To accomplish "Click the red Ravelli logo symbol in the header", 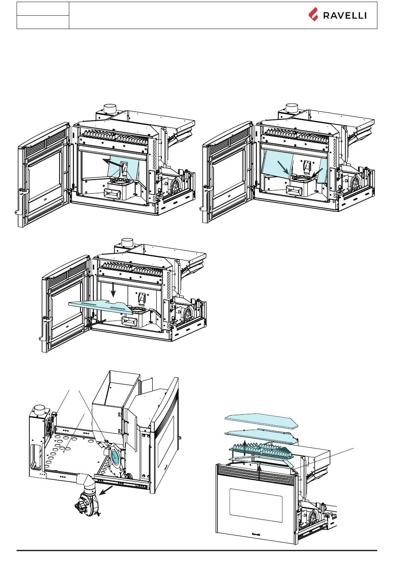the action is tap(313, 15).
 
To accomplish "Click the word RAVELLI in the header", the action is tap(345, 16).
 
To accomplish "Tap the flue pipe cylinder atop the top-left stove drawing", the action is tap(110, 108).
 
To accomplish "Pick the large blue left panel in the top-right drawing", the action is tap(277, 164).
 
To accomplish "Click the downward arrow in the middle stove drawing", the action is tap(113, 290).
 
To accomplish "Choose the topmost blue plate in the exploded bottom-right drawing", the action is tap(261, 420).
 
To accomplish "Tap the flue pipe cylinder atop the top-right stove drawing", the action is tap(292, 108).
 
